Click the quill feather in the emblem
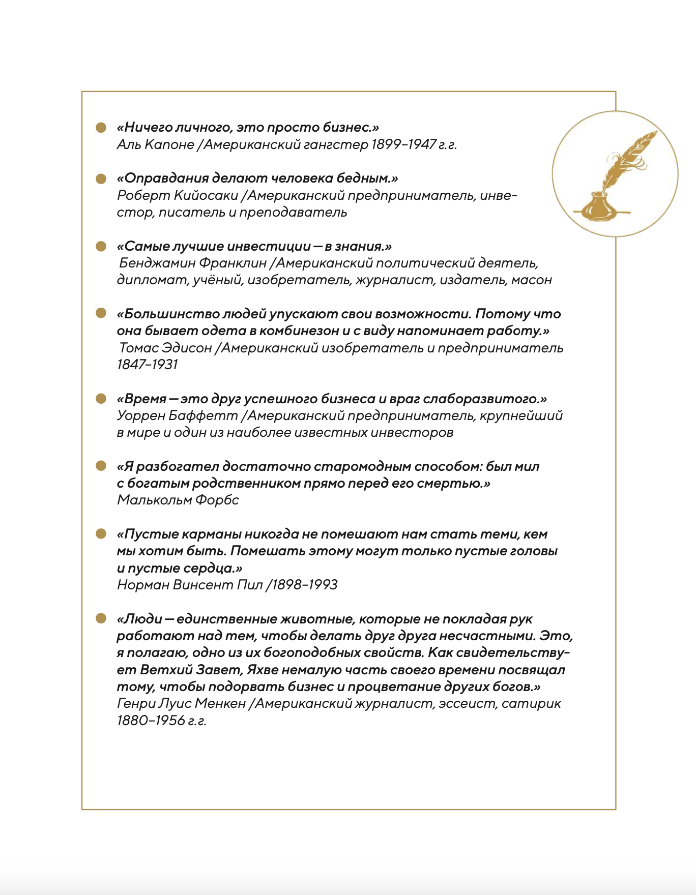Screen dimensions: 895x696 [x=628, y=158]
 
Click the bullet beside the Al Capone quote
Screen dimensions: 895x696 [x=101, y=127]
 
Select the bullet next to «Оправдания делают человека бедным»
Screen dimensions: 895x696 [x=101, y=178]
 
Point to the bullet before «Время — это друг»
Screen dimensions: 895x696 [x=101, y=399]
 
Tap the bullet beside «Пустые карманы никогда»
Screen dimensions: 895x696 [x=101, y=534]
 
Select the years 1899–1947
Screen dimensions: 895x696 [x=403, y=144]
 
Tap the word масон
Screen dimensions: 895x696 [x=531, y=280]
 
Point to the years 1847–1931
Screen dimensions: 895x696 [x=148, y=365]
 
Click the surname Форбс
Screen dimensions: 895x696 [x=218, y=500]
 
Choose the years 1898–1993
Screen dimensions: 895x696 [x=304, y=585]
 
